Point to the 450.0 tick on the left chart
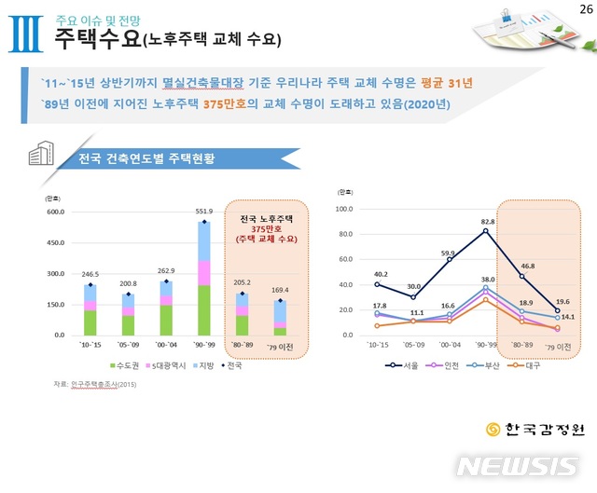57,242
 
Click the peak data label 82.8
488,222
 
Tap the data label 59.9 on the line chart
449,253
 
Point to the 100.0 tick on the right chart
343,210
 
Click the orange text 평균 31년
445,82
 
